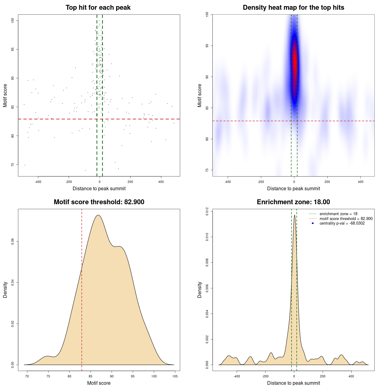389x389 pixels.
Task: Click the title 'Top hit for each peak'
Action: point(98,8)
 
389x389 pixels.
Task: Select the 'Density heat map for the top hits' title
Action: point(293,8)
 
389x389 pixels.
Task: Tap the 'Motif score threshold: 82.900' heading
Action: point(99,202)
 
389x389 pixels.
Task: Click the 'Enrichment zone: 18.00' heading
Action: point(293,202)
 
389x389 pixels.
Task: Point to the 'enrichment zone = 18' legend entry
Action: point(338,214)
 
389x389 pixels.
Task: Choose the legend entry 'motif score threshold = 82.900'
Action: point(346,219)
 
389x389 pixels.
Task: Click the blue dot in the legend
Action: point(313,223)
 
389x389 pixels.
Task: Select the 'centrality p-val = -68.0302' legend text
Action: point(342,223)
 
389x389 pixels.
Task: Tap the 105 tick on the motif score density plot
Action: point(175,376)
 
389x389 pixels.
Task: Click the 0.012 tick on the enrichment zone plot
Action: point(207,212)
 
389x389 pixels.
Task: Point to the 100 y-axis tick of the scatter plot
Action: point(13,20)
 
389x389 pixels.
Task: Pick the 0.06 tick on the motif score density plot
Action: point(13,241)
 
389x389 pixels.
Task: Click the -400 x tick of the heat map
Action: point(228,182)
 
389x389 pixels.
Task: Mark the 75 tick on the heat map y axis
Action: point(207,170)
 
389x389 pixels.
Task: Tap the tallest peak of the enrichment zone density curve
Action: point(294,215)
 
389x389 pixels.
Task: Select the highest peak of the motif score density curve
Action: point(98,215)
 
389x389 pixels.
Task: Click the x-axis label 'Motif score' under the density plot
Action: point(99,383)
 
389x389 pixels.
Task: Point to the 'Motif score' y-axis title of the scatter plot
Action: point(5,95)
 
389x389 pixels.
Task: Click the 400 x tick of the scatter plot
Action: point(161,182)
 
